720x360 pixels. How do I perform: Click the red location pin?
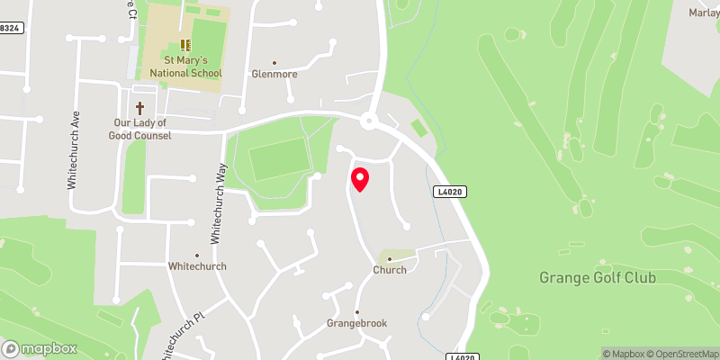[359, 179]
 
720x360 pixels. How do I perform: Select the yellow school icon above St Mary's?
[184, 44]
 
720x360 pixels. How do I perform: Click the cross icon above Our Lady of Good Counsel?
[139, 106]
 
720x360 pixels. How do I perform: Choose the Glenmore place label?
[274, 74]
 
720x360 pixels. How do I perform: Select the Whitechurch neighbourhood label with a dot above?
[197, 266]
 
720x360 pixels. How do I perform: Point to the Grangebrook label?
[356, 324]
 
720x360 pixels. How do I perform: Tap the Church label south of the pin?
[390, 269]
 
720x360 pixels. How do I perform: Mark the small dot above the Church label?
[390, 258]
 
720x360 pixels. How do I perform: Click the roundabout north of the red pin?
[368, 121]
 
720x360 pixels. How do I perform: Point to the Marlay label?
[703, 13]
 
